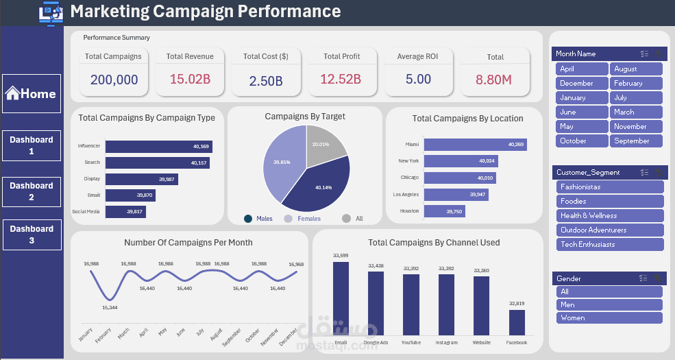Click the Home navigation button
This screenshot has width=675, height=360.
click(x=31, y=94)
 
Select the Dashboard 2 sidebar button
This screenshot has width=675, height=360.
click(x=31, y=191)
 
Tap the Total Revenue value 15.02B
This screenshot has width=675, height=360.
click(x=190, y=79)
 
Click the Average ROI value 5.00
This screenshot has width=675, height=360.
click(x=418, y=79)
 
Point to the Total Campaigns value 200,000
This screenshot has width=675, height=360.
click(x=114, y=80)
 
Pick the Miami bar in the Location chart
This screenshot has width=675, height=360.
click(x=475, y=144)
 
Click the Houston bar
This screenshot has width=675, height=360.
click(x=445, y=212)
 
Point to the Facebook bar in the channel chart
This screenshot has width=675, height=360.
click(x=516, y=322)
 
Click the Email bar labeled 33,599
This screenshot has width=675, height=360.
click(x=341, y=298)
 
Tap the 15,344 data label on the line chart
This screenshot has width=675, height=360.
click(x=109, y=307)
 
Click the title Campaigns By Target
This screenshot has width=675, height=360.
click(x=305, y=117)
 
